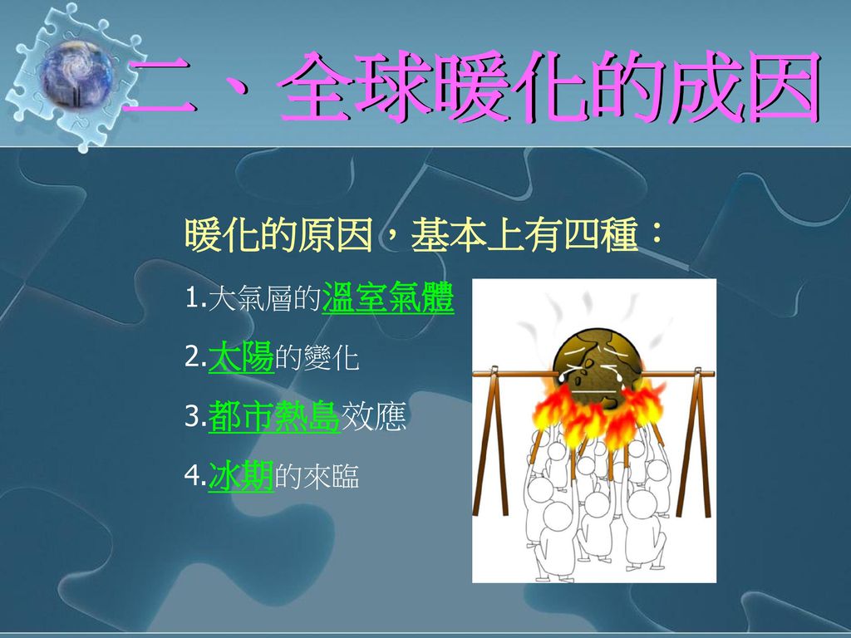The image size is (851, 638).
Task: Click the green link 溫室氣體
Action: click(x=387, y=297)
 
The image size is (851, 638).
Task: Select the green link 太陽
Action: click(x=241, y=357)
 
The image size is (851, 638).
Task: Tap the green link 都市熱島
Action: click(x=274, y=416)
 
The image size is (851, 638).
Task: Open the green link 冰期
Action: click(x=241, y=476)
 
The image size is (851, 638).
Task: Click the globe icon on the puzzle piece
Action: click(x=76, y=74)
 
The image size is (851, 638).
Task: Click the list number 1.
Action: click(x=194, y=298)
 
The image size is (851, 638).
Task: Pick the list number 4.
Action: click(x=194, y=476)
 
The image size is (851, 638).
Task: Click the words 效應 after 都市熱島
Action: click(x=373, y=417)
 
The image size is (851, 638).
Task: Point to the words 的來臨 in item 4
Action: click(x=317, y=476)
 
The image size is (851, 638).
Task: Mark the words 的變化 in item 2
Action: click(x=317, y=357)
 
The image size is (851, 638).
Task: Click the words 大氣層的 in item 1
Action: click(x=264, y=298)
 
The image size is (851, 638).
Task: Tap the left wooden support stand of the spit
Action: click(x=492, y=440)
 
